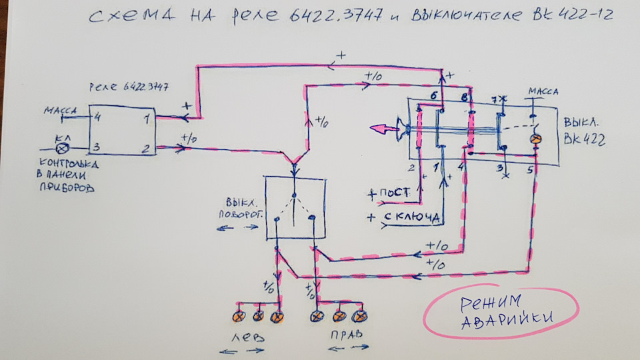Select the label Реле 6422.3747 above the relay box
[x=128, y=87]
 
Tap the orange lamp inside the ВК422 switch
[x=534, y=139]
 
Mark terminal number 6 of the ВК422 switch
[x=434, y=96]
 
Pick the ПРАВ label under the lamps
[x=345, y=337]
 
